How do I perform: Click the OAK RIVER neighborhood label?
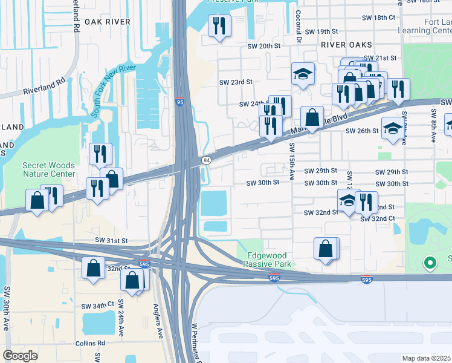tap(108, 21)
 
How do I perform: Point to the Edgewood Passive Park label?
tap(268, 260)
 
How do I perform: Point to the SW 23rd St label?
tap(235, 82)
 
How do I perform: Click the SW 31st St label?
tap(111, 240)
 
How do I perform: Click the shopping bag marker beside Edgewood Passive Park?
tap(326, 249)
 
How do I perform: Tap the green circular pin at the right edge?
tap(430, 263)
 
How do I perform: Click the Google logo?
tap(21, 356)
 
